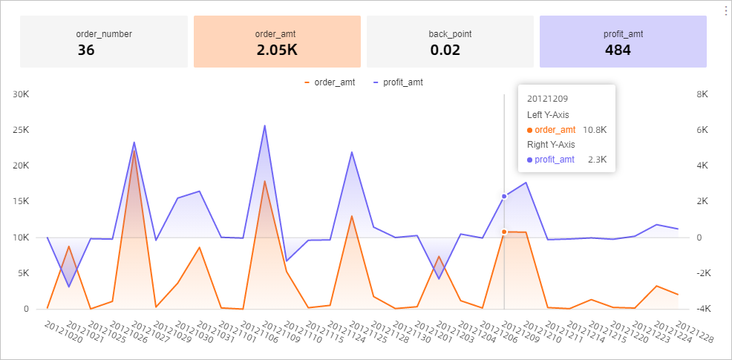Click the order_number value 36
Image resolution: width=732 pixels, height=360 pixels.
click(x=86, y=50)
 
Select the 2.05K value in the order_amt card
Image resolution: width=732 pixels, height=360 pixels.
click(x=277, y=50)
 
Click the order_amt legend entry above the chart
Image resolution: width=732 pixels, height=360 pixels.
click(x=330, y=82)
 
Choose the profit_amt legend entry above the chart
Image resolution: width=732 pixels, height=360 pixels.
click(x=398, y=82)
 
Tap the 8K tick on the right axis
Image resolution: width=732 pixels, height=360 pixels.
click(x=703, y=94)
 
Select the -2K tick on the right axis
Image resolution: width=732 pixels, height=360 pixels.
click(x=703, y=273)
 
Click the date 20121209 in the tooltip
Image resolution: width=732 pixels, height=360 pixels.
click(x=547, y=98)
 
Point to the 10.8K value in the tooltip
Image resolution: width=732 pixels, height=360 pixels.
click(x=594, y=130)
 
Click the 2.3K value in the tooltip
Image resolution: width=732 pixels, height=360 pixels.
click(x=596, y=160)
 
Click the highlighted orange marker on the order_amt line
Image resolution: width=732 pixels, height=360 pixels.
click(x=504, y=232)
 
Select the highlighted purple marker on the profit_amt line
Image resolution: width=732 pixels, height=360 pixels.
click(x=504, y=197)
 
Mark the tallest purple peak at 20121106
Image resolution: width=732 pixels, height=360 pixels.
click(x=264, y=125)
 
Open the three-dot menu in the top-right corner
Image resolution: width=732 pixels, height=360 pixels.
click(x=725, y=10)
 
